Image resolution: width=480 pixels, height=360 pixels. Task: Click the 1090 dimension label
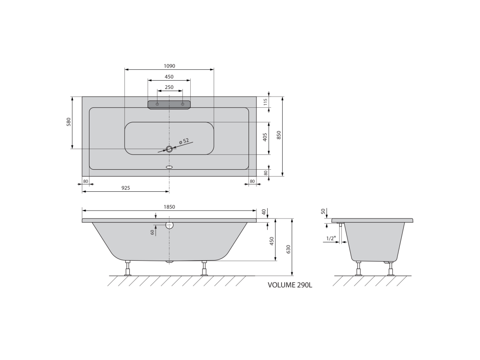pyautogui.click(x=169, y=66)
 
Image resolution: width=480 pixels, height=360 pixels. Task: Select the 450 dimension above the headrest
pyautogui.click(x=169, y=77)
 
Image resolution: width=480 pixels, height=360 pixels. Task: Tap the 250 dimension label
pyautogui.click(x=169, y=87)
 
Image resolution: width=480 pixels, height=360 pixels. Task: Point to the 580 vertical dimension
pyautogui.click(x=68, y=122)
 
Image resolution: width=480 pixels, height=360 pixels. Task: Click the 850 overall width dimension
pyautogui.click(x=278, y=135)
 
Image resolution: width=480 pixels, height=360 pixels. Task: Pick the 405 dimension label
pyautogui.click(x=265, y=137)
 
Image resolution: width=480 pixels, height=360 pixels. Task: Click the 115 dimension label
pyautogui.click(x=266, y=102)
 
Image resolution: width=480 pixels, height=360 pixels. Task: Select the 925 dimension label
pyautogui.click(x=126, y=188)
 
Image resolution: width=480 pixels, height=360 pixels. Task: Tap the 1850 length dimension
pyautogui.click(x=169, y=207)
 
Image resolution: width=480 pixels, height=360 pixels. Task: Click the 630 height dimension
pyautogui.click(x=288, y=249)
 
